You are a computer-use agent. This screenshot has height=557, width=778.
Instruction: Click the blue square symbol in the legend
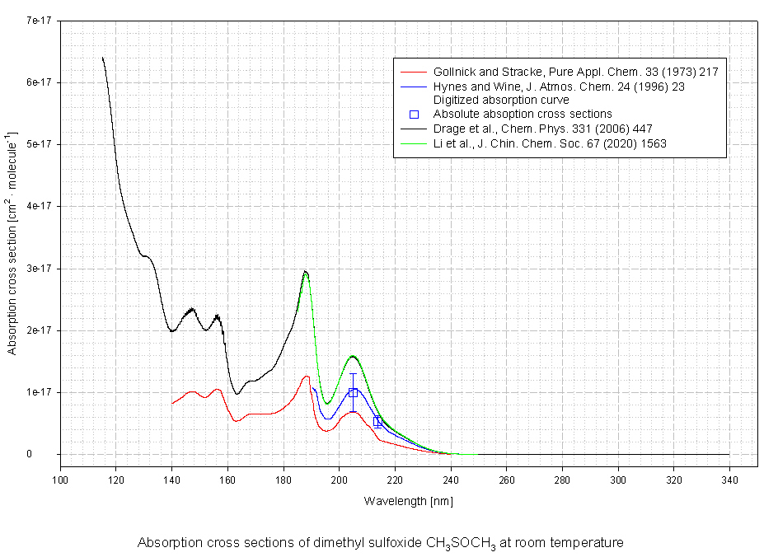415,114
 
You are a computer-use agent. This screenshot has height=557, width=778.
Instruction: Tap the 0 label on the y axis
50,454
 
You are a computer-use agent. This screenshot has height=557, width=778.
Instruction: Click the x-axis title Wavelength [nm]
408,500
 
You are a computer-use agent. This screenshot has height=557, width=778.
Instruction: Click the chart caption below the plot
381,543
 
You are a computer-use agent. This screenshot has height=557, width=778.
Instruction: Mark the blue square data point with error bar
353,392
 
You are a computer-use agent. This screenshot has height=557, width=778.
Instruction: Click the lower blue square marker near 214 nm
377,421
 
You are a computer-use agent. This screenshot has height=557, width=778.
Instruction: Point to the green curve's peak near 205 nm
353,356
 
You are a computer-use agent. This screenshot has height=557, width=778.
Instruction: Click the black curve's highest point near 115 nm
102,58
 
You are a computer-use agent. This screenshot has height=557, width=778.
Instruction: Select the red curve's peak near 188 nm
306,377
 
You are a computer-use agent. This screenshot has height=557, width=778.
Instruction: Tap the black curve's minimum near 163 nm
237,394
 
